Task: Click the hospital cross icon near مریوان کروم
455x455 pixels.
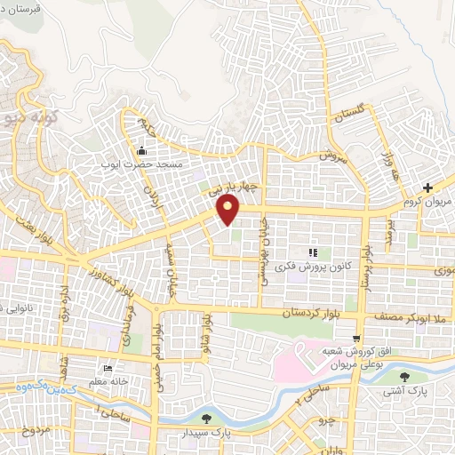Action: [x=428, y=188]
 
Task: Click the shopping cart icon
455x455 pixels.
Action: [x=356, y=338]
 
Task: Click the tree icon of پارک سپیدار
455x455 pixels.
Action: [x=207, y=419]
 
